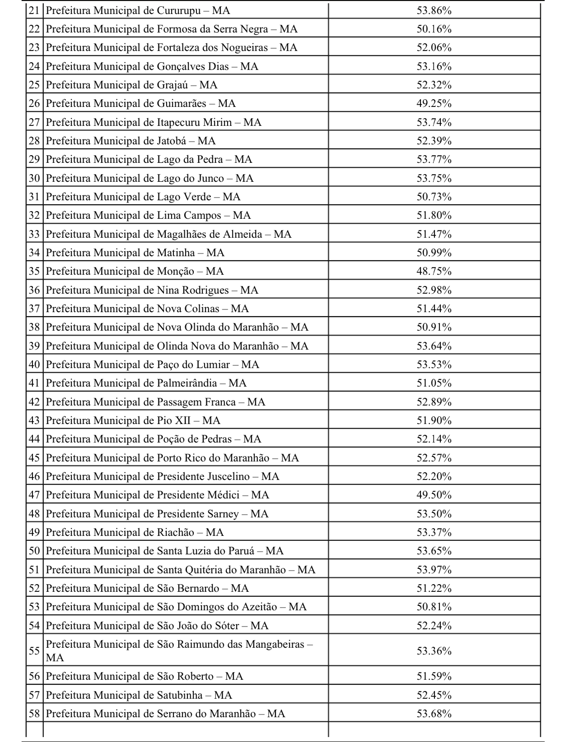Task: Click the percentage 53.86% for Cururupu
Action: pyautogui.click(x=434, y=10)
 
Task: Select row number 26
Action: pyautogui.click(x=35, y=103)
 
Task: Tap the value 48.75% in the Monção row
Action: pyautogui.click(x=434, y=271)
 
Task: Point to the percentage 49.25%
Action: pyautogui.click(x=434, y=103)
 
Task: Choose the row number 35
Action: pyautogui.click(x=35, y=271)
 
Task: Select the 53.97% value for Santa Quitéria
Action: pyautogui.click(x=434, y=570)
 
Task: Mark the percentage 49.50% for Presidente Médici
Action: pyautogui.click(x=434, y=495)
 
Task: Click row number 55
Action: pyautogui.click(x=35, y=650)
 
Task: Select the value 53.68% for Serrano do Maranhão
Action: pyautogui.click(x=434, y=714)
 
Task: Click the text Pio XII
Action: pyautogui.click(x=173, y=420)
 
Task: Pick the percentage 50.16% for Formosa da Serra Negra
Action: pyautogui.click(x=434, y=29)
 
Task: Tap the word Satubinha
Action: pyautogui.click(x=179, y=695)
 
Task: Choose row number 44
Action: pyautogui.click(x=35, y=439)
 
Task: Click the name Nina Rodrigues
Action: pyautogui.click(x=192, y=290)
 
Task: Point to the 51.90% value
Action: pyautogui.click(x=434, y=420)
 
